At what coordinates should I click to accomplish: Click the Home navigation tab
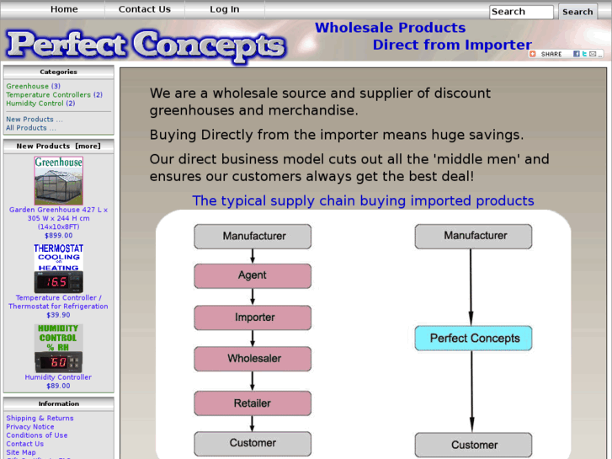[x=64, y=9]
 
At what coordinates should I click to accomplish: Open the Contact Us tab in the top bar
[x=144, y=9]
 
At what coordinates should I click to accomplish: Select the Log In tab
[x=224, y=9]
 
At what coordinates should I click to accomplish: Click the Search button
[x=577, y=12]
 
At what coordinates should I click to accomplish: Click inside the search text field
[x=521, y=12]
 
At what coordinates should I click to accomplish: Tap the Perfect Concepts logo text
[x=145, y=45]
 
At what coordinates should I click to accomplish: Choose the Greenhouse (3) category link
[x=33, y=86]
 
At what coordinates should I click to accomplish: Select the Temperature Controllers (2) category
[x=54, y=95]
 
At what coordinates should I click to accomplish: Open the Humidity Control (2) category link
[x=40, y=104]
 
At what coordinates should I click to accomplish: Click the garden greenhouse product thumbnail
[x=58, y=180]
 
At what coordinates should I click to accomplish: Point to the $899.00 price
[x=58, y=236]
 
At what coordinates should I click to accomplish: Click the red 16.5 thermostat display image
[x=58, y=281]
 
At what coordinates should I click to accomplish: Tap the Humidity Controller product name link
[x=58, y=377]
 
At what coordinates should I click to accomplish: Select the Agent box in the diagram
[x=253, y=275]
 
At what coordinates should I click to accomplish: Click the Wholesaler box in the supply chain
[x=253, y=359]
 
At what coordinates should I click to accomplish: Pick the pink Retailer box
[x=253, y=403]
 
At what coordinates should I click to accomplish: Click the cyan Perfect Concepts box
[x=474, y=339]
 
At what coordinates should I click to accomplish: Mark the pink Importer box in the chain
[x=253, y=318]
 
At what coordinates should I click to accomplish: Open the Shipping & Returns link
[x=40, y=418]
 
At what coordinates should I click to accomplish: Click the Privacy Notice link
[x=30, y=427]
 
